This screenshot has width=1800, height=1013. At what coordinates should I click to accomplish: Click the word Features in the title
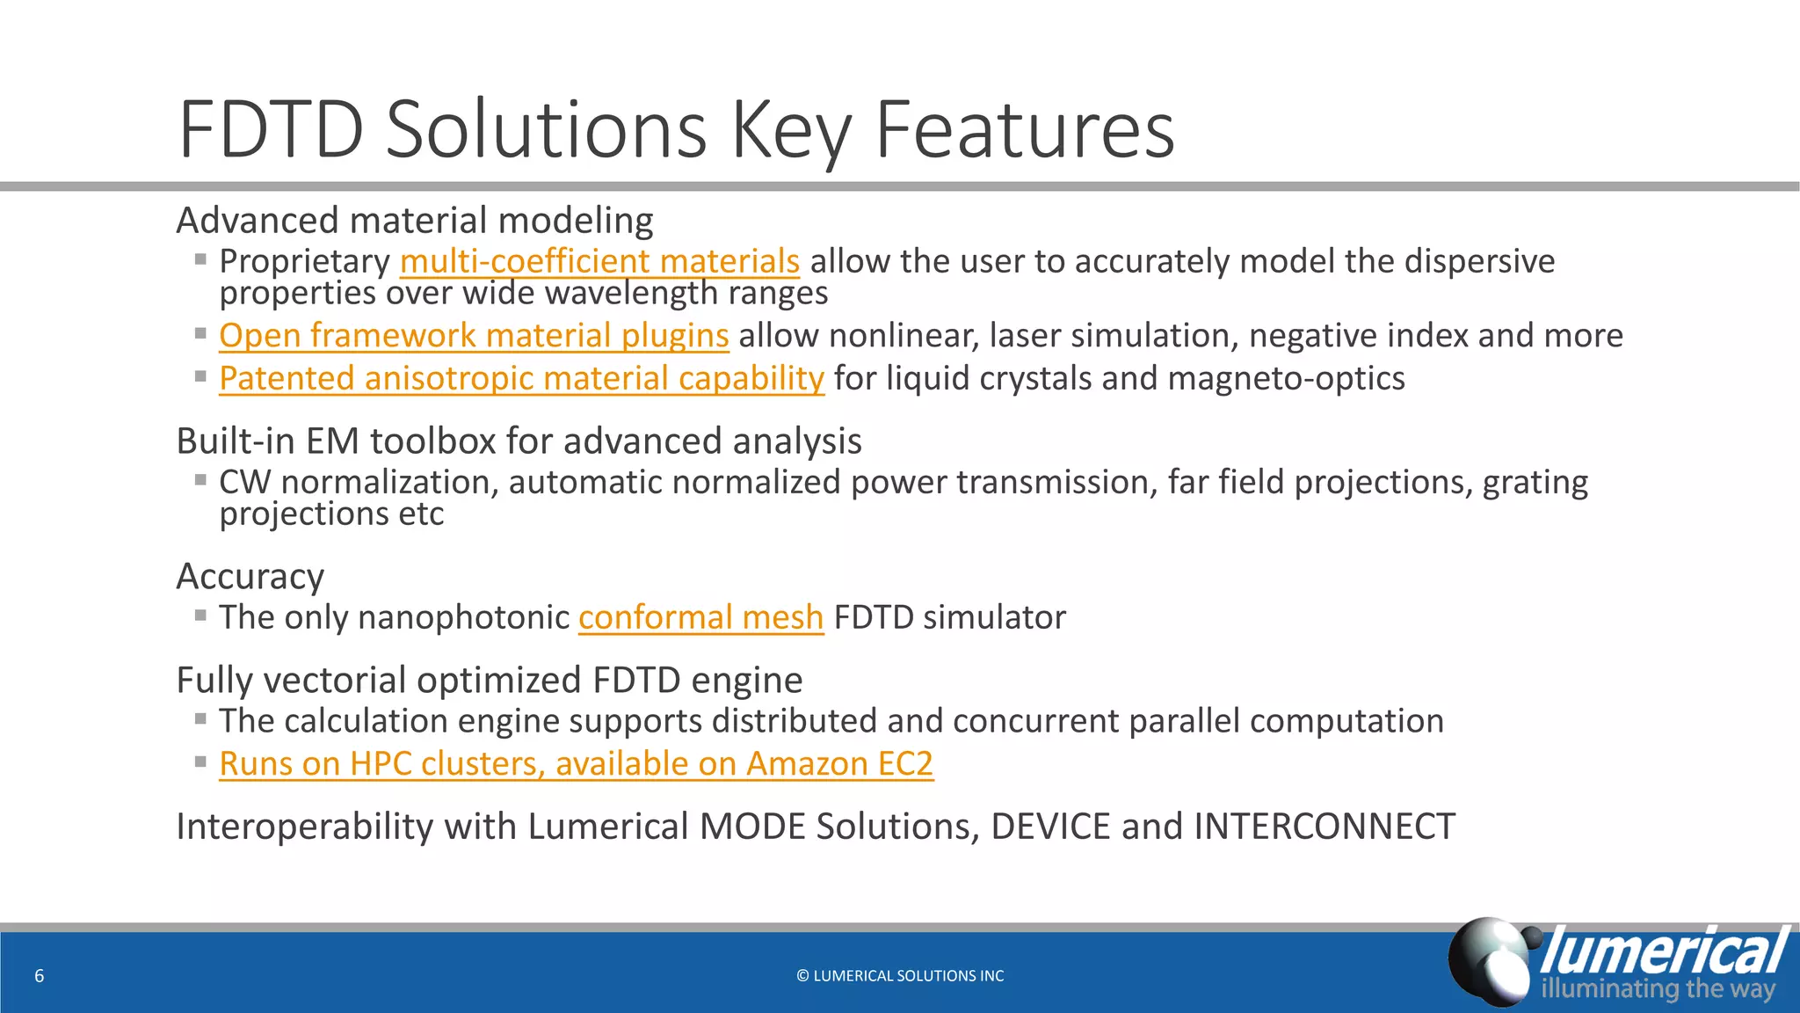click(x=1024, y=130)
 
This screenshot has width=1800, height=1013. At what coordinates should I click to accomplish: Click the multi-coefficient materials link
click(x=599, y=261)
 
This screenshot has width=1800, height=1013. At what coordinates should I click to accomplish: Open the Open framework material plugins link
click(x=474, y=336)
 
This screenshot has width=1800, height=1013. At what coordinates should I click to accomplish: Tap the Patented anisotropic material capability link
click(x=521, y=378)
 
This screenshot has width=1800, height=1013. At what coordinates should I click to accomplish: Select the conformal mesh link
click(x=700, y=617)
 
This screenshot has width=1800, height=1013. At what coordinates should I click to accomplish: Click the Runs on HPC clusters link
click(x=576, y=763)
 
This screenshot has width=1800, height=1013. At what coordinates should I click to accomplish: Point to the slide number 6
click(x=39, y=975)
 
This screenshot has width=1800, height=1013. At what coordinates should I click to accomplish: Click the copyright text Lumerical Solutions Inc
click(x=900, y=975)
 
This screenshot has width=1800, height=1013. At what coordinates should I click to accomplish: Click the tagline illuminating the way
click(x=1658, y=988)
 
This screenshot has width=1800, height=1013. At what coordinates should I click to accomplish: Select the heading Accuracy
click(x=250, y=577)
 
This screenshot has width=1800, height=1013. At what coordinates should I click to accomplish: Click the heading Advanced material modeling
click(x=415, y=221)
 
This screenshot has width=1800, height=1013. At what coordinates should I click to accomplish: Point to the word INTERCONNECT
click(x=1324, y=827)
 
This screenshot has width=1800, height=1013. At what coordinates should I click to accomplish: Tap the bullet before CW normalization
click(x=200, y=480)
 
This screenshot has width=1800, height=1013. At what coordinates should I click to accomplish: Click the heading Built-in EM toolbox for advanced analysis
click(x=519, y=441)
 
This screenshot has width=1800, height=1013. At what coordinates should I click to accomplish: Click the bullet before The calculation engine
click(x=200, y=718)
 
